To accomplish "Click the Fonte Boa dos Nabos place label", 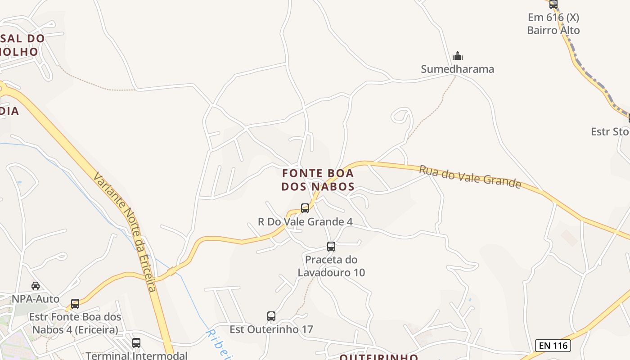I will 318,180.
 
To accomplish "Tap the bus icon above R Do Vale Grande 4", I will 305,208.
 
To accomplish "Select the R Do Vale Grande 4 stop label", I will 305,222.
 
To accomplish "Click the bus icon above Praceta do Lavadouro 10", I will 331,246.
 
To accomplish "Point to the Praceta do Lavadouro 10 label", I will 331,266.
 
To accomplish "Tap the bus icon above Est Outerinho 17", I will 271,316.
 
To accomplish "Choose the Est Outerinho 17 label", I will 271,329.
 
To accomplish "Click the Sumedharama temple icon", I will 458,56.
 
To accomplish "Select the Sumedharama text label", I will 457,69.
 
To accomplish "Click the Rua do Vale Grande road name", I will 470,176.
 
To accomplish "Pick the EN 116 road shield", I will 553,346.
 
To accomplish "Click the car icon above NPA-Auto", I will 36,285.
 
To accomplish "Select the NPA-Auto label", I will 36,299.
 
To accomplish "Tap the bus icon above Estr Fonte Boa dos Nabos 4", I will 75,303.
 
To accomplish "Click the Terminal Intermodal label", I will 136,355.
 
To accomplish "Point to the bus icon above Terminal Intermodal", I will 136,342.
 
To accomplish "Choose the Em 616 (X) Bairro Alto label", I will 553,24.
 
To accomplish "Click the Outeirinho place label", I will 378,357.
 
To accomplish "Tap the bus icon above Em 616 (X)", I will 553,4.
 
